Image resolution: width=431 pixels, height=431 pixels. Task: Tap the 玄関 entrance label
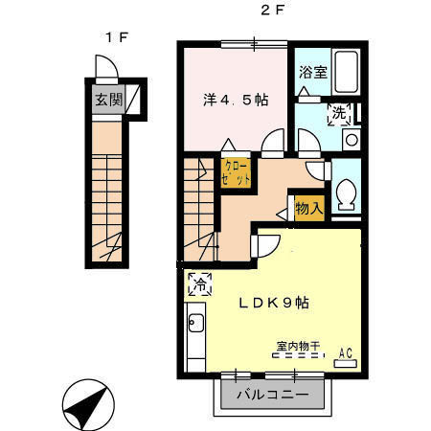click(107, 99)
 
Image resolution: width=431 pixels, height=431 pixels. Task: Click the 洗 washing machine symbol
click(339, 114)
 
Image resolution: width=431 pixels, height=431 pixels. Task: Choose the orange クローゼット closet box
click(238, 173)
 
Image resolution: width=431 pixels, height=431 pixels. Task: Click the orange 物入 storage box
click(307, 207)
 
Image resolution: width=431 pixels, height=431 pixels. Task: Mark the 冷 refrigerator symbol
click(202, 284)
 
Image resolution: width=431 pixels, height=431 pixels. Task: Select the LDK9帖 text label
click(273, 302)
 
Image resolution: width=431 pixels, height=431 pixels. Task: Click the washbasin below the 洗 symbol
click(351, 140)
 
